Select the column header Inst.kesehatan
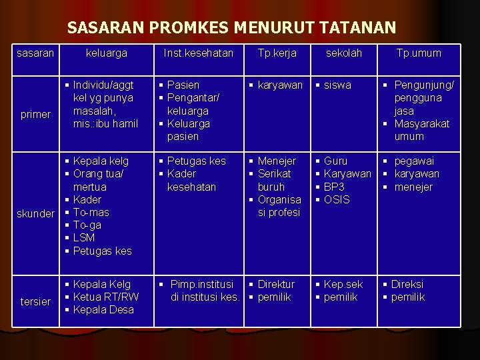tap(199, 53)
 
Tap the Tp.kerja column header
tap(277, 53)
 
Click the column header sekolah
tap(343, 53)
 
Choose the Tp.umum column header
tap(419, 53)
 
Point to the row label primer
tap(35, 114)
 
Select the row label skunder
tap(35, 213)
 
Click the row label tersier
tap(35, 301)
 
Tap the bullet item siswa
tap(337, 85)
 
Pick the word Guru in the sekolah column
tap(335, 161)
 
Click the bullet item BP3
tap(334, 187)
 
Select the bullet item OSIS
tap(337, 199)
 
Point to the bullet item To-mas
tap(91, 212)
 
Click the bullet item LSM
tap(84, 237)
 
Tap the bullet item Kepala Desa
tap(103, 309)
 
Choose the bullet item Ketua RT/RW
tap(106, 297)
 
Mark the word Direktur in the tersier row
tap(276, 284)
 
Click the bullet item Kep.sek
tap(343, 284)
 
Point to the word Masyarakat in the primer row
tap(422, 123)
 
